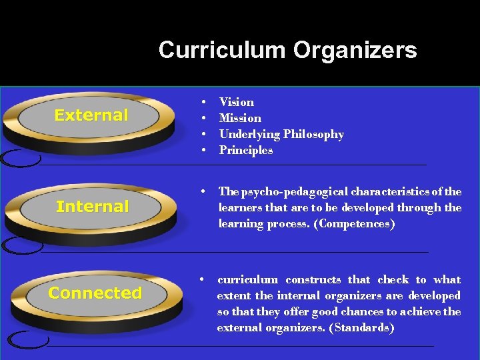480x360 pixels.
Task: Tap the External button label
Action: [91, 115]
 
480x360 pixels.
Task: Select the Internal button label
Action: [93, 207]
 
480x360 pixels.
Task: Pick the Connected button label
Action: [95, 293]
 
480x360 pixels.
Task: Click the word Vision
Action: [237, 102]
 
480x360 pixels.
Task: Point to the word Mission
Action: [240, 118]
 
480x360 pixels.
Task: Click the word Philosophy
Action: [313, 135]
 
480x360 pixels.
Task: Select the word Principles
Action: [246, 151]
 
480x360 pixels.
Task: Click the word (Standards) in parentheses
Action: [361, 328]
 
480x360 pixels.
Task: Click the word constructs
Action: [313, 280]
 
